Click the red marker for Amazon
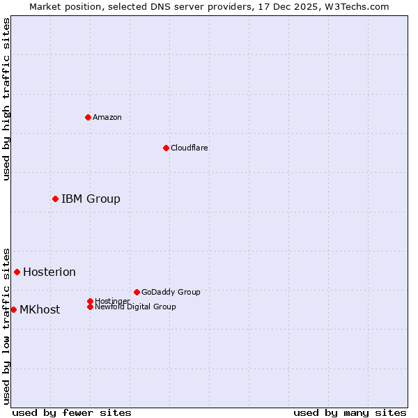(x=88, y=117)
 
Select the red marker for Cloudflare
(x=166, y=148)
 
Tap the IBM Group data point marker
(x=55, y=199)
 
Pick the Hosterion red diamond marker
(x=17, y=272)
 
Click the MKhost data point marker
(x=13, y=309)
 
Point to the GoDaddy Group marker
(x=137, y=292)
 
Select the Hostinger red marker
(x=90, y=301)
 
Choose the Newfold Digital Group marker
(x=90, y=307)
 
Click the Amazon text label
(x=107, y=117)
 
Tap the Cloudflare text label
(x=189, y=148)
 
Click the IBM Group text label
(x=91, y=199)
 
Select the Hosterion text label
(x=49, y=272)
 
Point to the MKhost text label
(x=40, y=310)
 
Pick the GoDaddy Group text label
(x=171, y=292)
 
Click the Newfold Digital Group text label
(x=135, y=307)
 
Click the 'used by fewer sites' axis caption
(x=72, y=412)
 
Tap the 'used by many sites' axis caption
(x=350, y=412)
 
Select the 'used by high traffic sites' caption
(x=7, y=100)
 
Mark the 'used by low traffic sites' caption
(x=7, y=325)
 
